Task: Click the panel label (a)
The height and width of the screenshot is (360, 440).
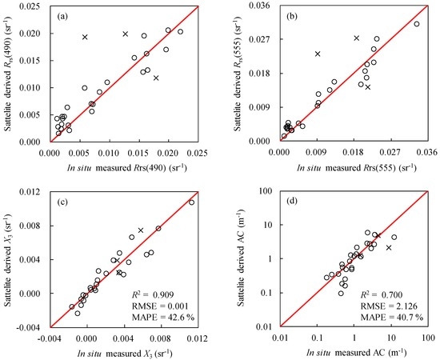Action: coord(62,17)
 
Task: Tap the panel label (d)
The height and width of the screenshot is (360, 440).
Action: coord(292,201)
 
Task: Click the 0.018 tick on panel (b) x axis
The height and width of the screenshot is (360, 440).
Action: coord(354,152)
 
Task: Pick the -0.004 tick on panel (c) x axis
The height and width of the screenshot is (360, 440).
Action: coord(50,338)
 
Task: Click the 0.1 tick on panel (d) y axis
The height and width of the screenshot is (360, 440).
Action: coord(270,293)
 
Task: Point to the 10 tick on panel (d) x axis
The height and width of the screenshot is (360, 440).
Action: coord(391,337)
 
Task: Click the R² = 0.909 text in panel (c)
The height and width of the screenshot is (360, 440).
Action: coord(153,294)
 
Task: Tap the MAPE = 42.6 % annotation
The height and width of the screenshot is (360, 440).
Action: coord(163,317)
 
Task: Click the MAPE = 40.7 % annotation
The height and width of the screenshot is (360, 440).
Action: coord(392,317)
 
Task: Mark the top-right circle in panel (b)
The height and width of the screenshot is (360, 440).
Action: coord(417,24)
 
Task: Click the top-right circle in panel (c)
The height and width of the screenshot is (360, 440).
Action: coord(192,202)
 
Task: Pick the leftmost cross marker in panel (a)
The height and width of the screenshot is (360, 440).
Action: coord(85,37)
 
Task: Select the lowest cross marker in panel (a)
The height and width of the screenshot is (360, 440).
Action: coord(156,78)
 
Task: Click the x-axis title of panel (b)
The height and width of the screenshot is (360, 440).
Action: coord(357,168)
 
